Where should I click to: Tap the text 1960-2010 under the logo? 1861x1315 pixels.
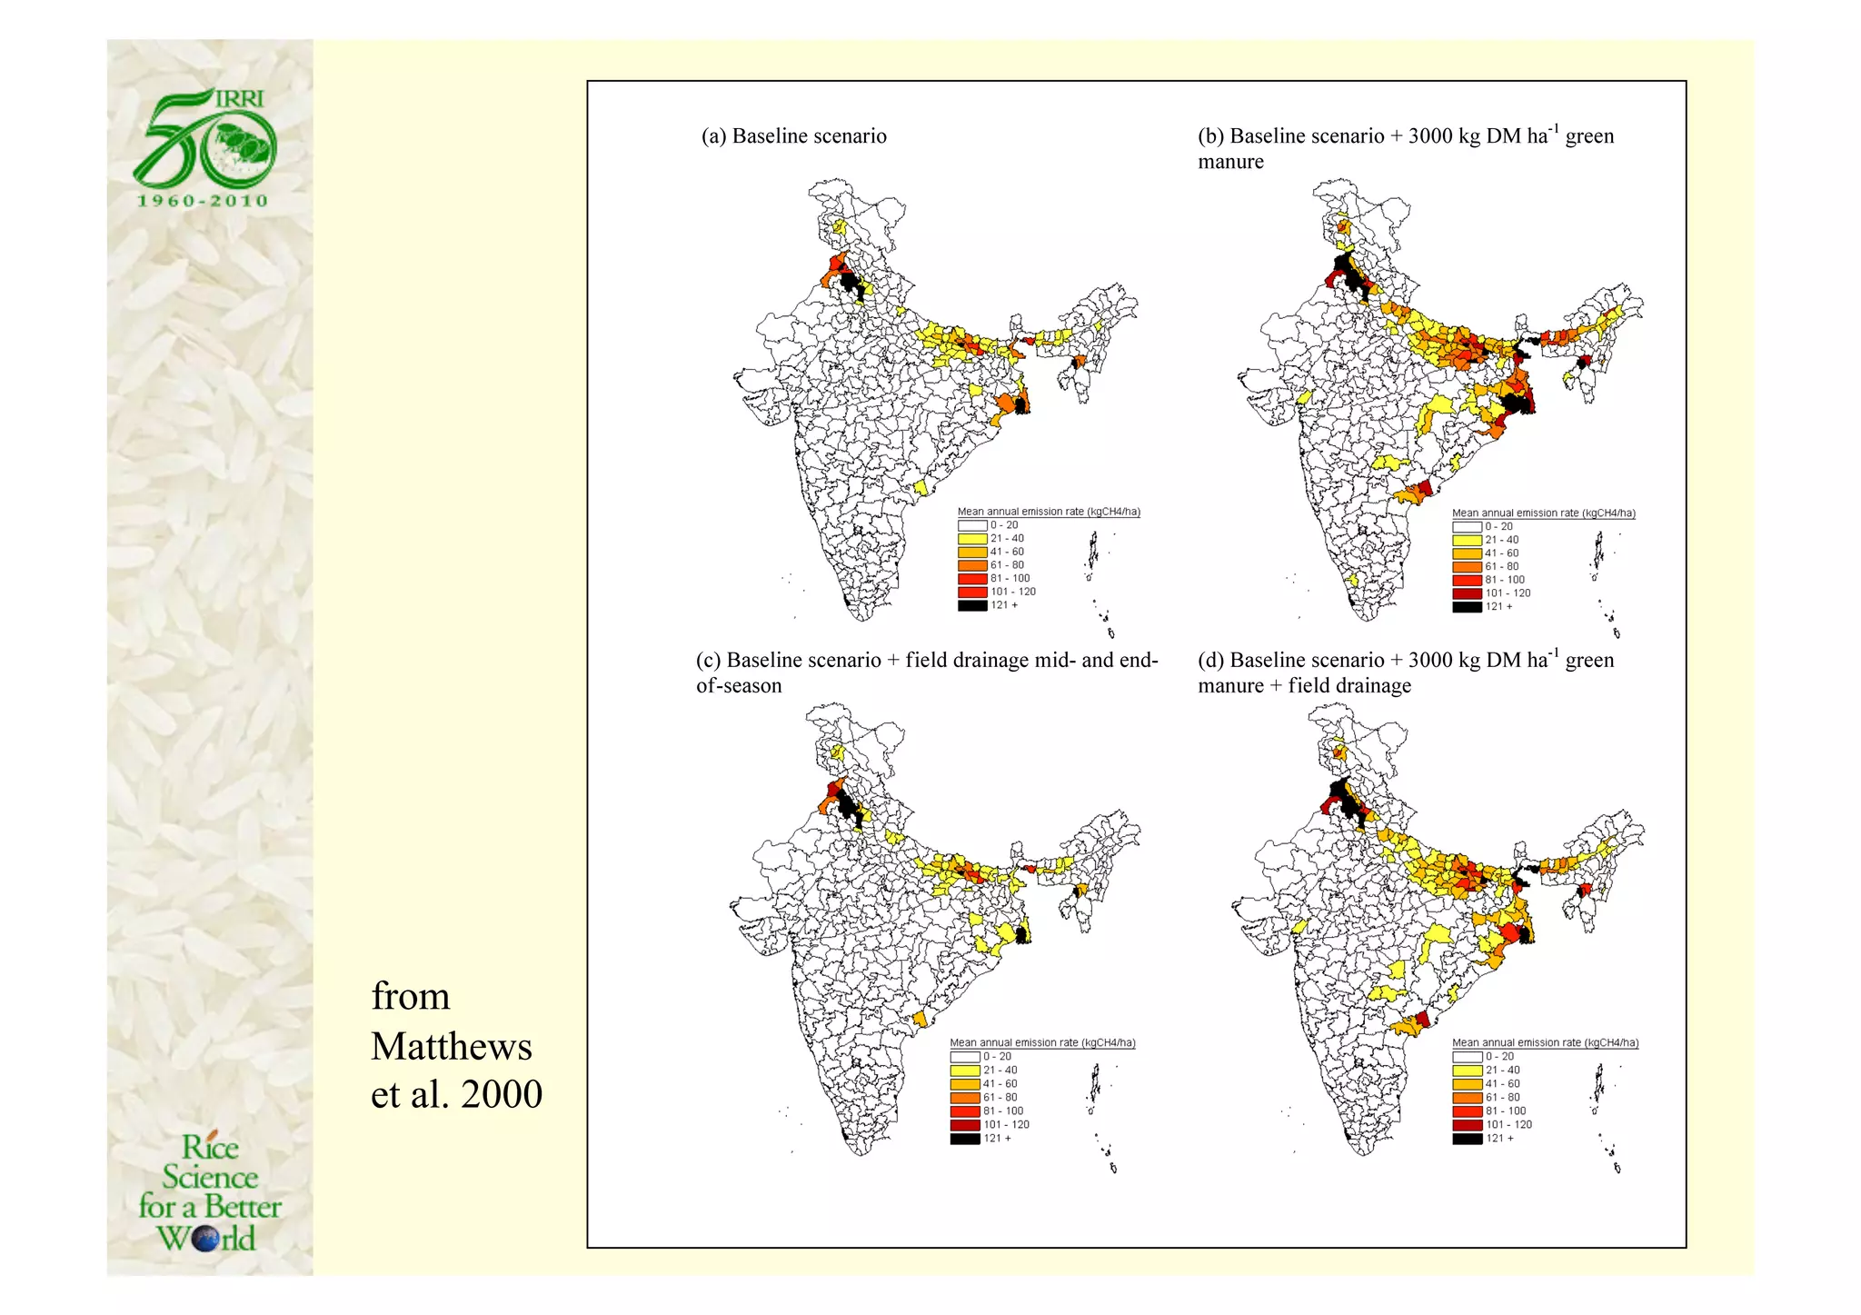[x=204, y=201]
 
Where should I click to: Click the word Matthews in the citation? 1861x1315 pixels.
[x=451, y=1047]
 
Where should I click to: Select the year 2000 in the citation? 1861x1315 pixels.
[x=502, y=1094]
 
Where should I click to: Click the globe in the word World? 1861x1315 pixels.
[x=206, y=1239]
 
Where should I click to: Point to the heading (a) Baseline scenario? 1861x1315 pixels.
[x=793, y=136]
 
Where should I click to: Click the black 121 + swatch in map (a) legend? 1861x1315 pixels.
[x=971, y=605]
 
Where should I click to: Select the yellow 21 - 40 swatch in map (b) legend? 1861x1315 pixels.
[x=1466, y=540]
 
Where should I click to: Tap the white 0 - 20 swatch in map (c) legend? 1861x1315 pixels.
[x=964, y=1057]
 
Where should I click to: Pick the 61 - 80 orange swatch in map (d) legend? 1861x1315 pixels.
[x=1467, y=1098]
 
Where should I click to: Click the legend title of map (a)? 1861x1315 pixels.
[x=1048, y=512]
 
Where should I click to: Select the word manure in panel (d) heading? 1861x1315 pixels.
[x=1229, y=686]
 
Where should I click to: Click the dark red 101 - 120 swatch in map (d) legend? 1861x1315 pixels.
[x=1467, y=1125]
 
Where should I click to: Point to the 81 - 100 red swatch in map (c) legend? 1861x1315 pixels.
[x=964, y=1111]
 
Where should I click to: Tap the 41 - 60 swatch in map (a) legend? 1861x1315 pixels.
[x=971, y=553]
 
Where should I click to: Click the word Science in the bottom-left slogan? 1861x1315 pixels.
[x=210, y=1178]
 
